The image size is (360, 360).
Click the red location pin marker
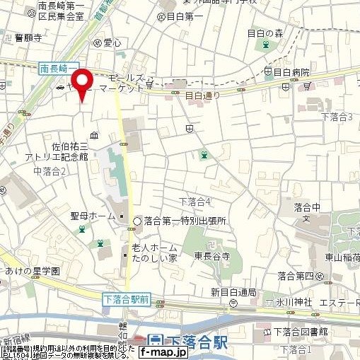click(84, 83)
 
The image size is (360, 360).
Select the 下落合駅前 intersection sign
click(124, 299)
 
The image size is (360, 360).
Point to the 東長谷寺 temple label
click(213, 255)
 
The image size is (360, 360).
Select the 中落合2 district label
click(50, 170)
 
